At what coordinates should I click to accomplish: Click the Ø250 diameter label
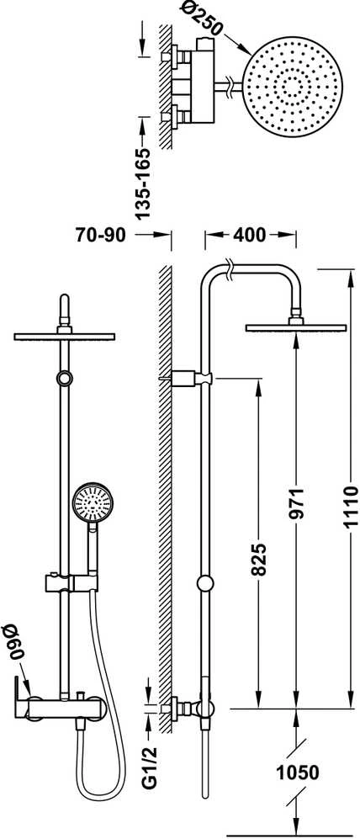(x=202, y=19)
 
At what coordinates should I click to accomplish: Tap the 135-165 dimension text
(x=143, y=183)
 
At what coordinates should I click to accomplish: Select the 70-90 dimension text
(x=100, y=234)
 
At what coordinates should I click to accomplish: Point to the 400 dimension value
(x=251, y=234)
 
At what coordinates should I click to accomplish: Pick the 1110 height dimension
(x=350, y=507)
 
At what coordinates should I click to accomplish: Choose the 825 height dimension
(x=259, y=560)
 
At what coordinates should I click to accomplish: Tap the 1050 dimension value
(x=298, y=773)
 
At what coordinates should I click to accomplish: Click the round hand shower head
(x=93, y=503)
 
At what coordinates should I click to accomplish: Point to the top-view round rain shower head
(x=293, y=87)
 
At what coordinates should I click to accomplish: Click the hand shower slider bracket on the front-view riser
(x=71, y=581)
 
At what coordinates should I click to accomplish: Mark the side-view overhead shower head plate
(x=296, y=327)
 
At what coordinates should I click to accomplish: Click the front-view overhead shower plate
(x=65, y=337)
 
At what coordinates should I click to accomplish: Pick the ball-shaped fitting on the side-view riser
(x=205, y=583)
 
